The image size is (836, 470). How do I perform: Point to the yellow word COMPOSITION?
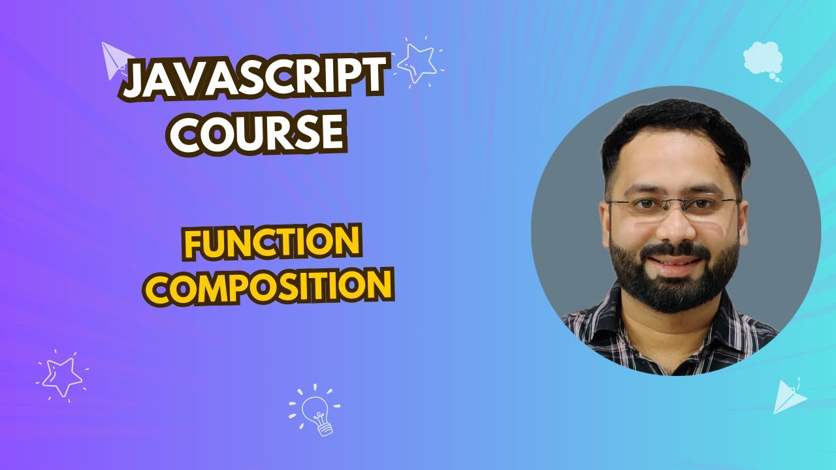click(268, 287)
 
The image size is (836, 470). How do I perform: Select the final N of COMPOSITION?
click(381, 287)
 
